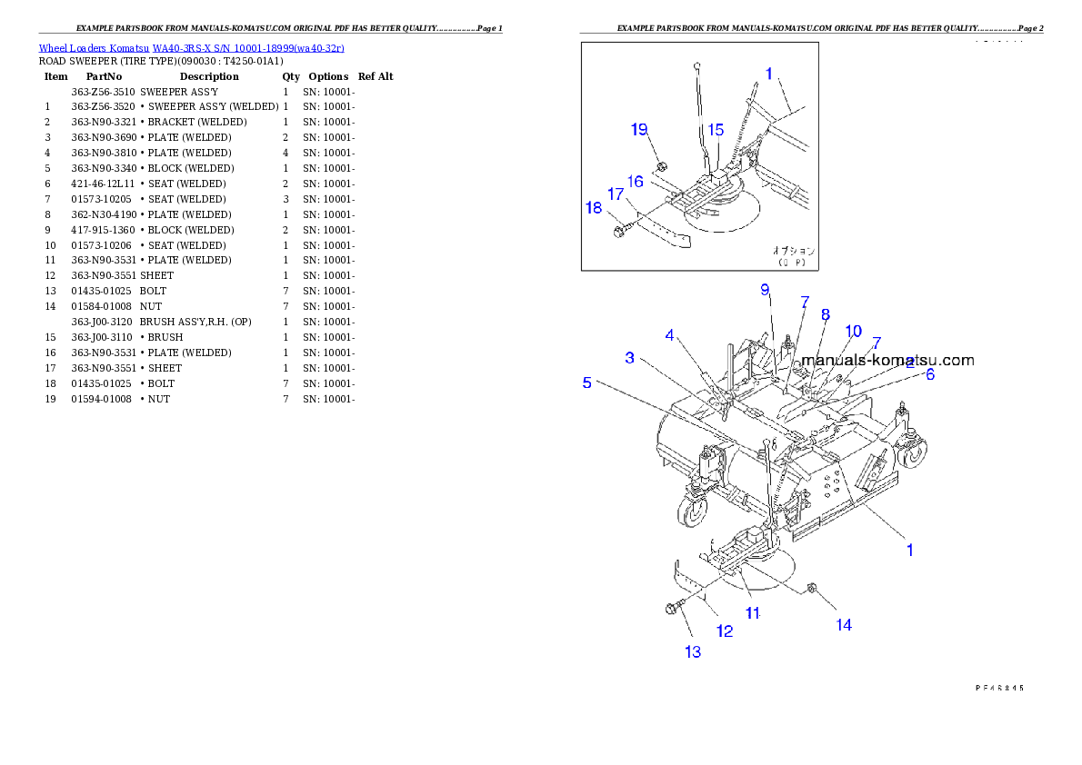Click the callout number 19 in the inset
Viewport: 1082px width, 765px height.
(639, 129)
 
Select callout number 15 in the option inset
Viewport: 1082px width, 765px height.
(716, 130)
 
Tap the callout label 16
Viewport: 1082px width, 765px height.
(635, 182)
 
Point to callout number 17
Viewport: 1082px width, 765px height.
(616, 194)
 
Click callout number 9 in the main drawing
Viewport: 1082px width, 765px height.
(766, 289)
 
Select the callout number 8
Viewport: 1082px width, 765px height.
(826, 314)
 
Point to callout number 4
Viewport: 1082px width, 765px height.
(670, 335)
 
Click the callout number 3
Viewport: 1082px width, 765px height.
(629, 357)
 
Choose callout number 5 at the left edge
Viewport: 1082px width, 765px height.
(587, 382)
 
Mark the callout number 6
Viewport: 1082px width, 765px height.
(930, 373)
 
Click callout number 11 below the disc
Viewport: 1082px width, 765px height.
(753, 613)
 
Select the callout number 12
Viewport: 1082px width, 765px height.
(725, 631)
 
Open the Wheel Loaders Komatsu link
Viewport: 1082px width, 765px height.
(191, 47)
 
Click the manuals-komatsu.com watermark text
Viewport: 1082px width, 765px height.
(887, 360)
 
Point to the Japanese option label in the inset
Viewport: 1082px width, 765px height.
(794, 250)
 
